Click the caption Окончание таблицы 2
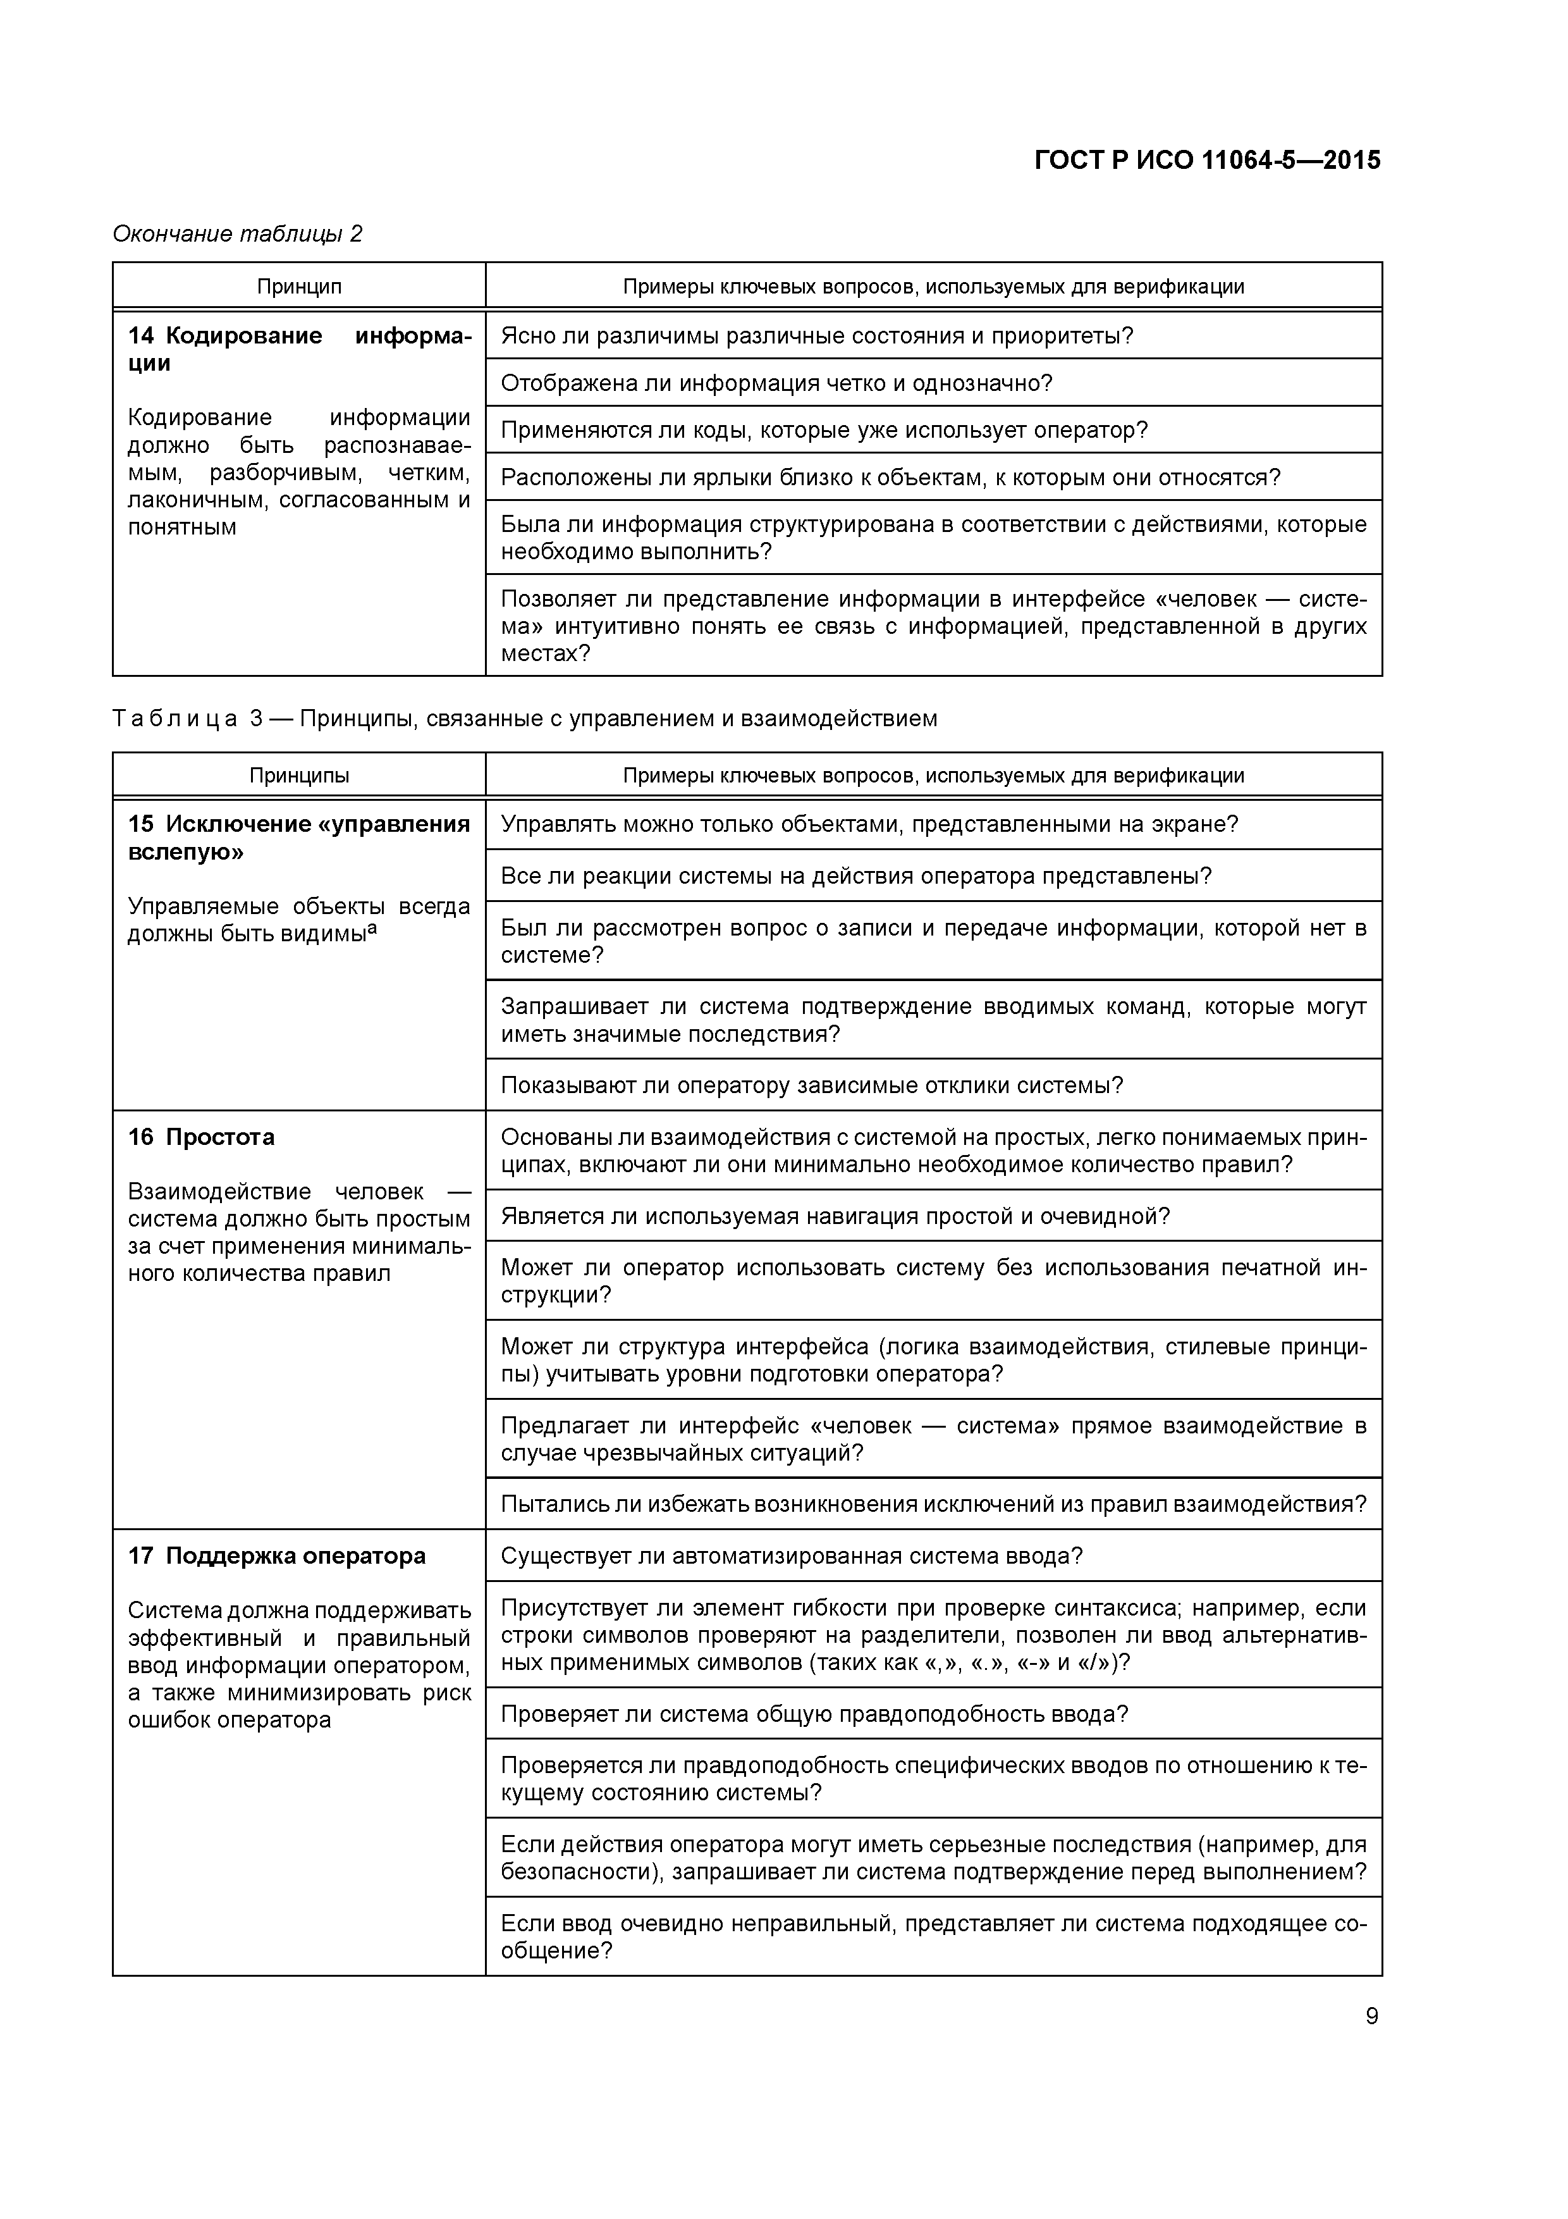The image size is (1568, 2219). [238, 234]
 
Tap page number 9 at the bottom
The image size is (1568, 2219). [1371, 2016]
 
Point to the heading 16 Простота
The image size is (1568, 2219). [201, 1137]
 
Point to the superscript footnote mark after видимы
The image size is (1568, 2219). [372, 928]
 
